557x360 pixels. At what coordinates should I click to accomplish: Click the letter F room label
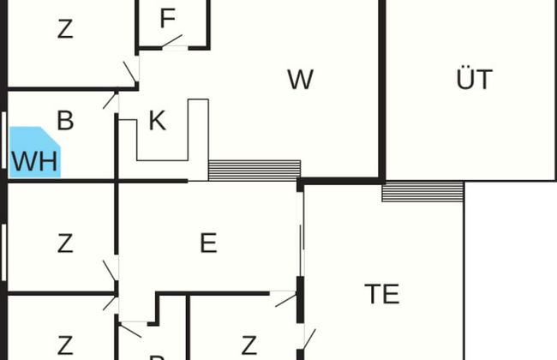pyautogui.click(x=168, y=20)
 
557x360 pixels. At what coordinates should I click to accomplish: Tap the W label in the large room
pyautogui.click(x=300, y=81)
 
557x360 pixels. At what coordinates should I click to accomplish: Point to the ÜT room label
pyautogui.click(x=474, y=80)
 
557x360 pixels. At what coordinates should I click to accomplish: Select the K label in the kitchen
pyautogui.click(x=157, y=122)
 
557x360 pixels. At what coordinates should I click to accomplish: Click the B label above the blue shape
pyautogui.click(x=65, y=120)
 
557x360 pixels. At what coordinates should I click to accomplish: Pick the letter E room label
pyautogui.click(x=208, y=244)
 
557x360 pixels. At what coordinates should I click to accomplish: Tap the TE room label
pyautogui.click(x=382, y=294)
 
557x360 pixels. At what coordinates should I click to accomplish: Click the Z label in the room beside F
pyautogui.click(x=65, y=29)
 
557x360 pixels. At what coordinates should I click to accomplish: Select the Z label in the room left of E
pyautogui.click(x=65, y=244)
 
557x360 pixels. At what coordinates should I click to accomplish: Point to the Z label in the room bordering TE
pyautogui.click(x=249, y=345)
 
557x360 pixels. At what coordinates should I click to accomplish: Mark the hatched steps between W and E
pyautogui.click(x=255, y=169)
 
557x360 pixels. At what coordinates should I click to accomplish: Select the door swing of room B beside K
pyautogui.click(x=111, y=99)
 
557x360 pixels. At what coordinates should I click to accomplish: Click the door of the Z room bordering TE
pyautogui.click(x=285, y=299)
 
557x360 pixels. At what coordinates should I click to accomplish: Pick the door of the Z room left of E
pyautogui.click(x=111, y=273)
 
